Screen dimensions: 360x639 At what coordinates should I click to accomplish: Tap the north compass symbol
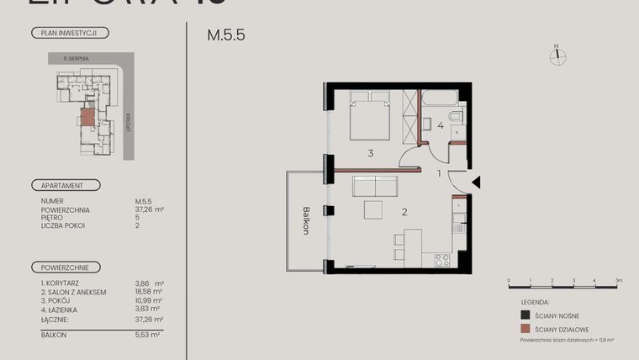tap(556, 56)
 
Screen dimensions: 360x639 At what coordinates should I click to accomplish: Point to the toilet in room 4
tap(455, 117)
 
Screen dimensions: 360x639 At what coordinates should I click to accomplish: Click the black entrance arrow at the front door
tap(476, 182)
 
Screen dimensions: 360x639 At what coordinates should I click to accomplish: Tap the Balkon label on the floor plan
tap(307, 221)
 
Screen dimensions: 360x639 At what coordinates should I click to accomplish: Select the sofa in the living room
tap(373, 186)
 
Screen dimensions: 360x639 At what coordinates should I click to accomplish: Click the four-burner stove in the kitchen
tap(441, 260)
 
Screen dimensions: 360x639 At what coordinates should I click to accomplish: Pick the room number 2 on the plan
tap(404, 212)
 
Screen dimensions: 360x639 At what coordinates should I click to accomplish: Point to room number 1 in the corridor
tap(439, 173)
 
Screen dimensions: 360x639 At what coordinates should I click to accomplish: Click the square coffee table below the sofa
tap(373, 210)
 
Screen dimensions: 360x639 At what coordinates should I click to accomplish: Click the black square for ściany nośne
tap(525, 315)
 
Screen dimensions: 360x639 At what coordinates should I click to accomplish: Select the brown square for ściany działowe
tap(525, 330)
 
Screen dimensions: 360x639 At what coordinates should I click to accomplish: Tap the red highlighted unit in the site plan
tap(87, 118)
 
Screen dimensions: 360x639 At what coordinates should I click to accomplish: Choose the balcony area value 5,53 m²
tap(147, 334)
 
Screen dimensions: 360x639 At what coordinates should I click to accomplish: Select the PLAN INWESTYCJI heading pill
tap(69, 34)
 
